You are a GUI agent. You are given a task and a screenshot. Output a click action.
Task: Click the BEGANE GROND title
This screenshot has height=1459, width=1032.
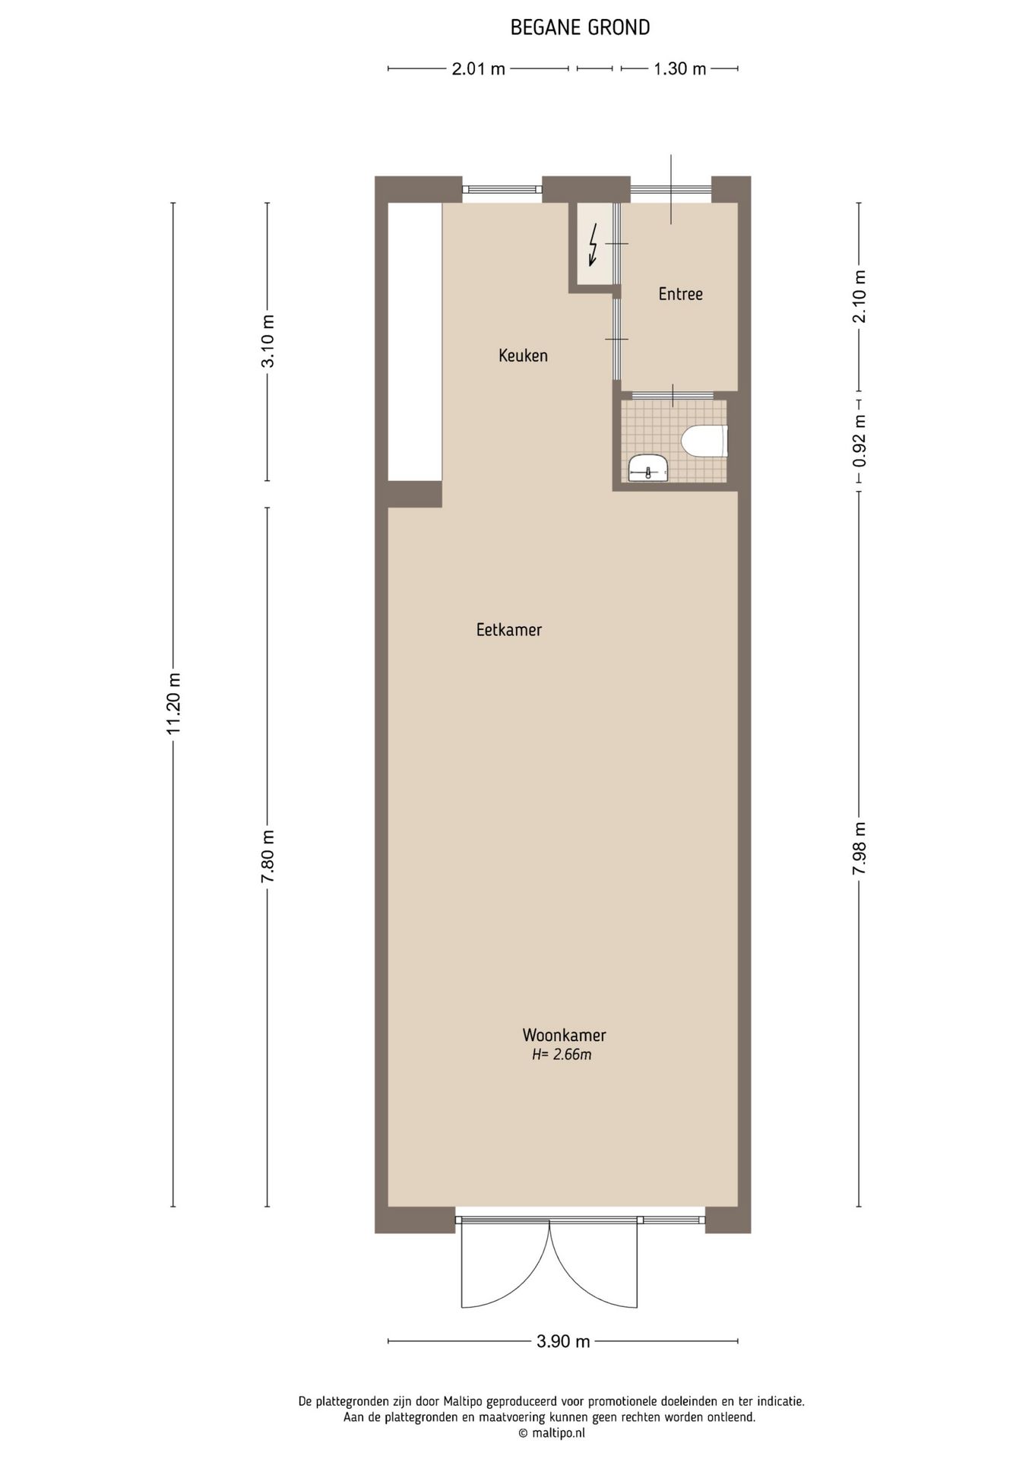(x=580, y=28)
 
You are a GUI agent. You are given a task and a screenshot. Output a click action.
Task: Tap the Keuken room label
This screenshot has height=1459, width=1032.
(x=523, y=355)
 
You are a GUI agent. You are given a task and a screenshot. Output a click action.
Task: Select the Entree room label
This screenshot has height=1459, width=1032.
(x=680, y=294)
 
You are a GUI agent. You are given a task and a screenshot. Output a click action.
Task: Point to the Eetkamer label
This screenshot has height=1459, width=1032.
(x=508, y=630)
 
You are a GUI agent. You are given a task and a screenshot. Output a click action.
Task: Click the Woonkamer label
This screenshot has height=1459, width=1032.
(x=564, y=1035)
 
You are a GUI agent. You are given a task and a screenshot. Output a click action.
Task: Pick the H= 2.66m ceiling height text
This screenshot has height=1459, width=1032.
(x=562, y=1055)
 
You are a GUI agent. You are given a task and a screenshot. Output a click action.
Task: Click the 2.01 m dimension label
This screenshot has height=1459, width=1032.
(x=478, y=69)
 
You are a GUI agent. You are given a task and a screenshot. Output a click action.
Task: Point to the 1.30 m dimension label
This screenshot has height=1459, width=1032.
(x=679, y=69)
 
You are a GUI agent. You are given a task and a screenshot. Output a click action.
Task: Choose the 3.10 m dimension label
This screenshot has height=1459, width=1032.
(x=267, y=341)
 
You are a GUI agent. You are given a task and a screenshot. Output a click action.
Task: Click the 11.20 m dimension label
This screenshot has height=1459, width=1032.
(x=174, y=704)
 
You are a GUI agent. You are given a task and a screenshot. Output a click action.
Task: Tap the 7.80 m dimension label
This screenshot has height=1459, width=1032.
(x=267, y=856)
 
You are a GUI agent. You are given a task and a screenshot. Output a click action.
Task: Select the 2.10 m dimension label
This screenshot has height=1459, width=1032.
(x=859, y=296)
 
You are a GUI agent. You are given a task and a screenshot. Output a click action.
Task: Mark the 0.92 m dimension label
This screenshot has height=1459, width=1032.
(x=859, y=441)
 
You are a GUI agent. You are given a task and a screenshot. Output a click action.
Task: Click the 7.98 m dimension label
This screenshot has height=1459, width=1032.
(x=859, y=848)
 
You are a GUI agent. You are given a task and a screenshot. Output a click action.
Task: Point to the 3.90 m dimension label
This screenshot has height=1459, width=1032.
(x=563, y=1341)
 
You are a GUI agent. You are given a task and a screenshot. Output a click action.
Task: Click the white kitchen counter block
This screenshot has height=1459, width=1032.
(x=415, y=342)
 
